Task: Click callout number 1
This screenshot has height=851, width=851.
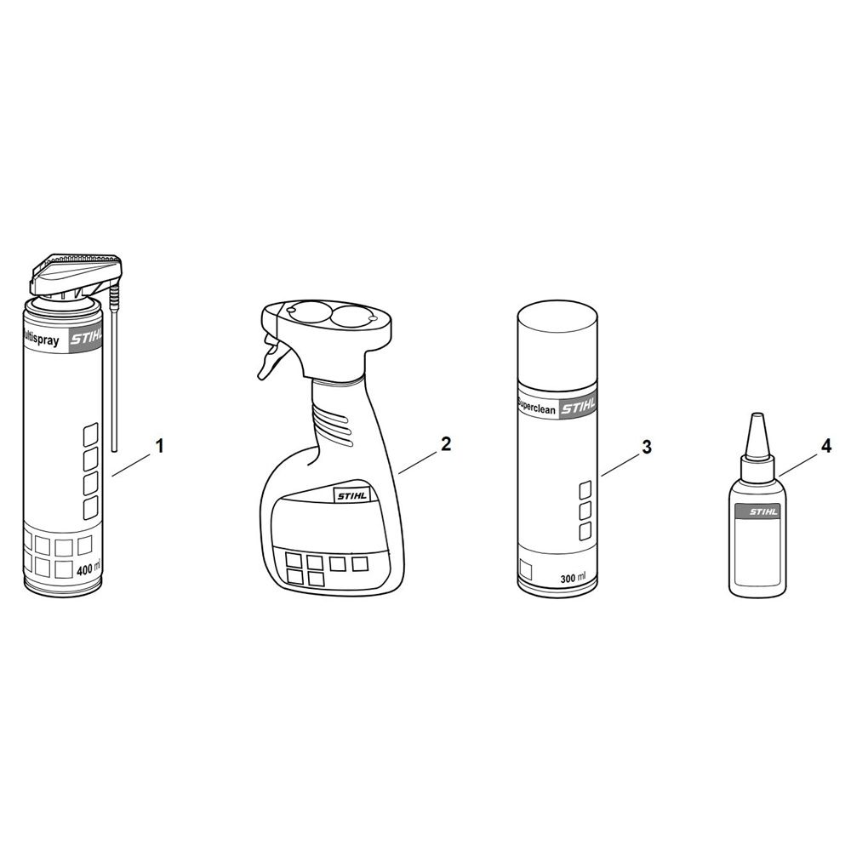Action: click(x=160, y=447)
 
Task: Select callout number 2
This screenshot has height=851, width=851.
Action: click(x=446, y=444)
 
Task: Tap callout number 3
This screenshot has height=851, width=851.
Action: click(x=647, y=448)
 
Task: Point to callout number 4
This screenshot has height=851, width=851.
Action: click(x=825, y=447)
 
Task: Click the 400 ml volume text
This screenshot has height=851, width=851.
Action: click(x=89, y=569)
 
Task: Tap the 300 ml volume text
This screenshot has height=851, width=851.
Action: click(x=573, y=578)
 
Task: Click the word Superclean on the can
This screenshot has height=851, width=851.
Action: click(x=537, y=406)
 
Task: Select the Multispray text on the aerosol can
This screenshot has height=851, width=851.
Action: click(x=41, y=340)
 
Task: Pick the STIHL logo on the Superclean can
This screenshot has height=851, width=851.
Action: click(x=578, y=407)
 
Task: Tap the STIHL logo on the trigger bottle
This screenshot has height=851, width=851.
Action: click(x=352, y=495)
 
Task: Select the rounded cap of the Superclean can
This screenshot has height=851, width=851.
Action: click(x=557, y=341)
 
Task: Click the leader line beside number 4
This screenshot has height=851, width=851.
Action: click(x=798, y=465)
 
